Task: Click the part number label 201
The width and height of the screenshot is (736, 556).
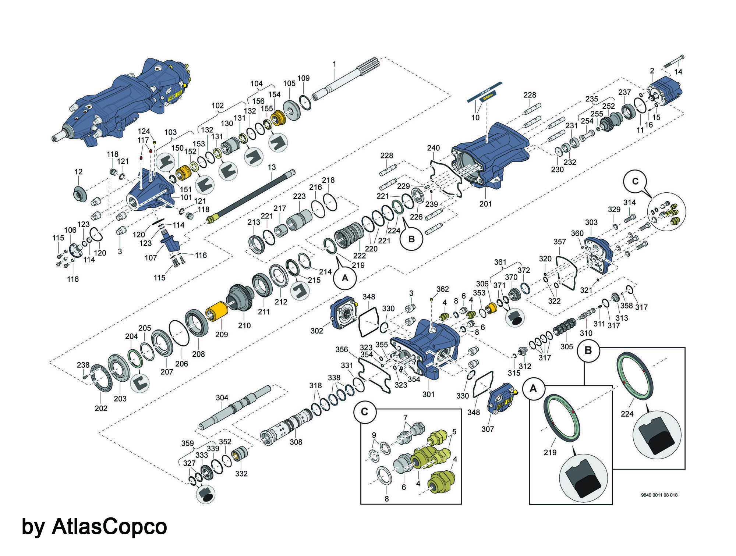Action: click(485, 203)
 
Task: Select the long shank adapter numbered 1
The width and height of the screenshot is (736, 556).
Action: click(346, 81)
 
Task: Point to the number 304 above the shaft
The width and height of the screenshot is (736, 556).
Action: click(222, 398)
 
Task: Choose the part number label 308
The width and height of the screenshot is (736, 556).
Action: click(296, 442)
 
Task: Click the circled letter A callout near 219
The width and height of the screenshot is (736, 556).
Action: click(345, 278)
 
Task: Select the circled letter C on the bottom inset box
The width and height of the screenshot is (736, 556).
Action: click(364, 411)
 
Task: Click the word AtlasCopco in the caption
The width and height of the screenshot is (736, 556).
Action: click(109, 526)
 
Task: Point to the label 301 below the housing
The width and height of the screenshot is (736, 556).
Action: click(428, 394)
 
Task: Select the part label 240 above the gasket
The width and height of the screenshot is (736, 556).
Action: click(433, 148)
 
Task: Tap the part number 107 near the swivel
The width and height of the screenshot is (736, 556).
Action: click(151, 257)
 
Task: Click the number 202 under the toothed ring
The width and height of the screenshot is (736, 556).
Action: click(101, 408)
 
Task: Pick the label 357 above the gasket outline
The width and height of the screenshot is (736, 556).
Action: click(560, 242)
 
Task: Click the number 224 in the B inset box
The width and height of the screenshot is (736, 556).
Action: click(627, 414)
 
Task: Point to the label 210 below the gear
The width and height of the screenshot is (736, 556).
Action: click(244, 325)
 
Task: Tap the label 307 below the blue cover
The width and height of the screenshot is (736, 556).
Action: click(488, 429)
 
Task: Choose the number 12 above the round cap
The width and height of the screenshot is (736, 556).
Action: click(78, 172)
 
